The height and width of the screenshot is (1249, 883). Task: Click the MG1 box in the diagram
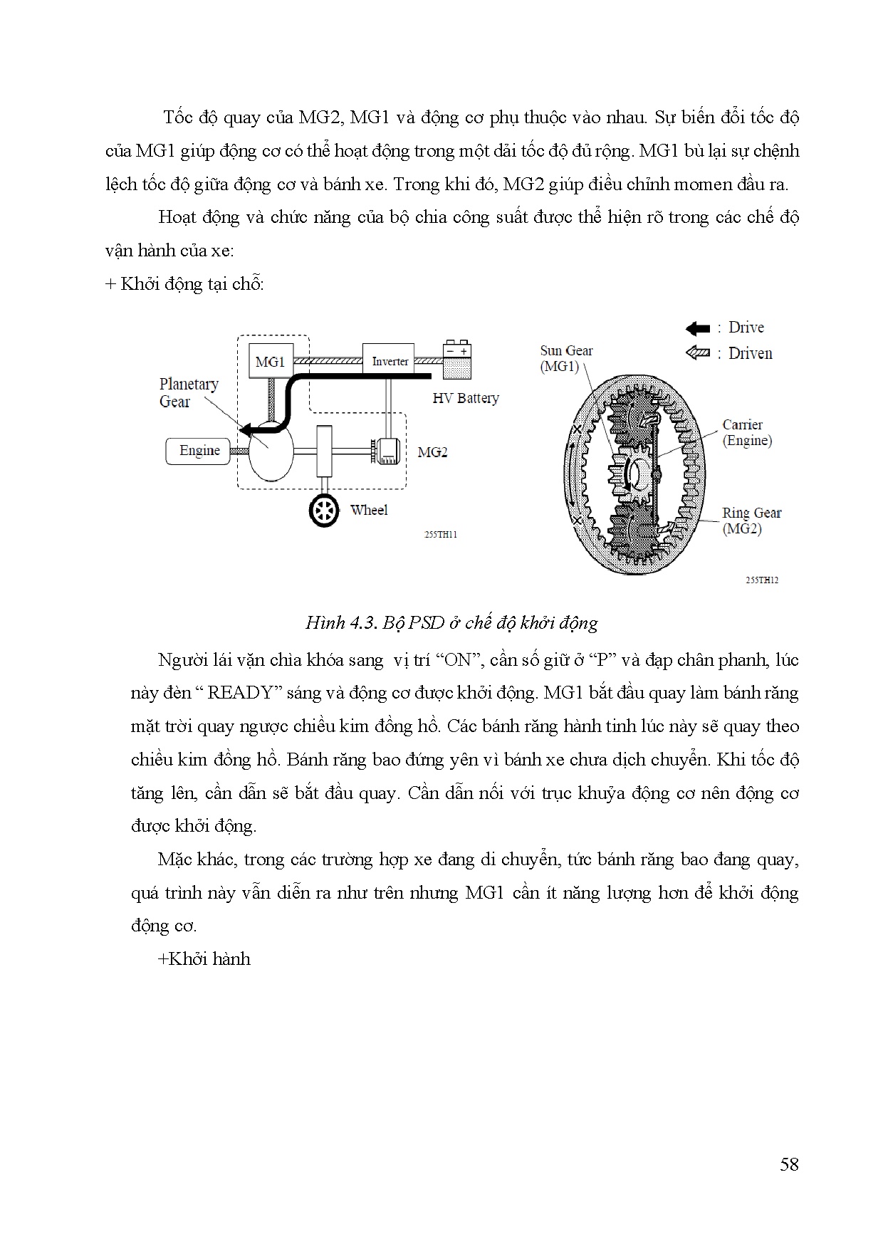(x=270, y=362)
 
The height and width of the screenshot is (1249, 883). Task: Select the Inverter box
(x=390, y=361)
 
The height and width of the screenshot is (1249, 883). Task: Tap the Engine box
(x=199, y=451)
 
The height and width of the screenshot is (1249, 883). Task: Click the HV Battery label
(x=466, y=398)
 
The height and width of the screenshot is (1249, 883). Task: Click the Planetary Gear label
(x=189, y=392)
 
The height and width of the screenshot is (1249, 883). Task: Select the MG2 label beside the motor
(x=432, y=452)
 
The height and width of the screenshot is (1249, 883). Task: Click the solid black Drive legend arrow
(x=698, y=328)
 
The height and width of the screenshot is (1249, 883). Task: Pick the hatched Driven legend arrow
(x=698, y=353)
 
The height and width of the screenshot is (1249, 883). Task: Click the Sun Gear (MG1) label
(x=566, y=358)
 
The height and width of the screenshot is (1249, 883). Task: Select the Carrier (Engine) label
(x=747, y=432)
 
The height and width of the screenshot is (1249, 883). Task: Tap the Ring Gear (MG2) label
(x=751, y=521)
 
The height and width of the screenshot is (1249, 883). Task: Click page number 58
(x=789, y=1164)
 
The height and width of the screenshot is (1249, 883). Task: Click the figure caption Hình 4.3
(x=451, y=623)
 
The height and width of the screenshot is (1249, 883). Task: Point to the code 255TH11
(x=441, y=535)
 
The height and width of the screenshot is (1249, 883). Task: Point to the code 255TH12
(x=761, y=580)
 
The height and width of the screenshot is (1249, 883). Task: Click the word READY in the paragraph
(x=243, y=693)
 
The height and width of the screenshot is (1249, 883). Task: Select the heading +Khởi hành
(x=204, y=959)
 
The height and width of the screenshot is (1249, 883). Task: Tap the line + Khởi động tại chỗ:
(x=184, y=284)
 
